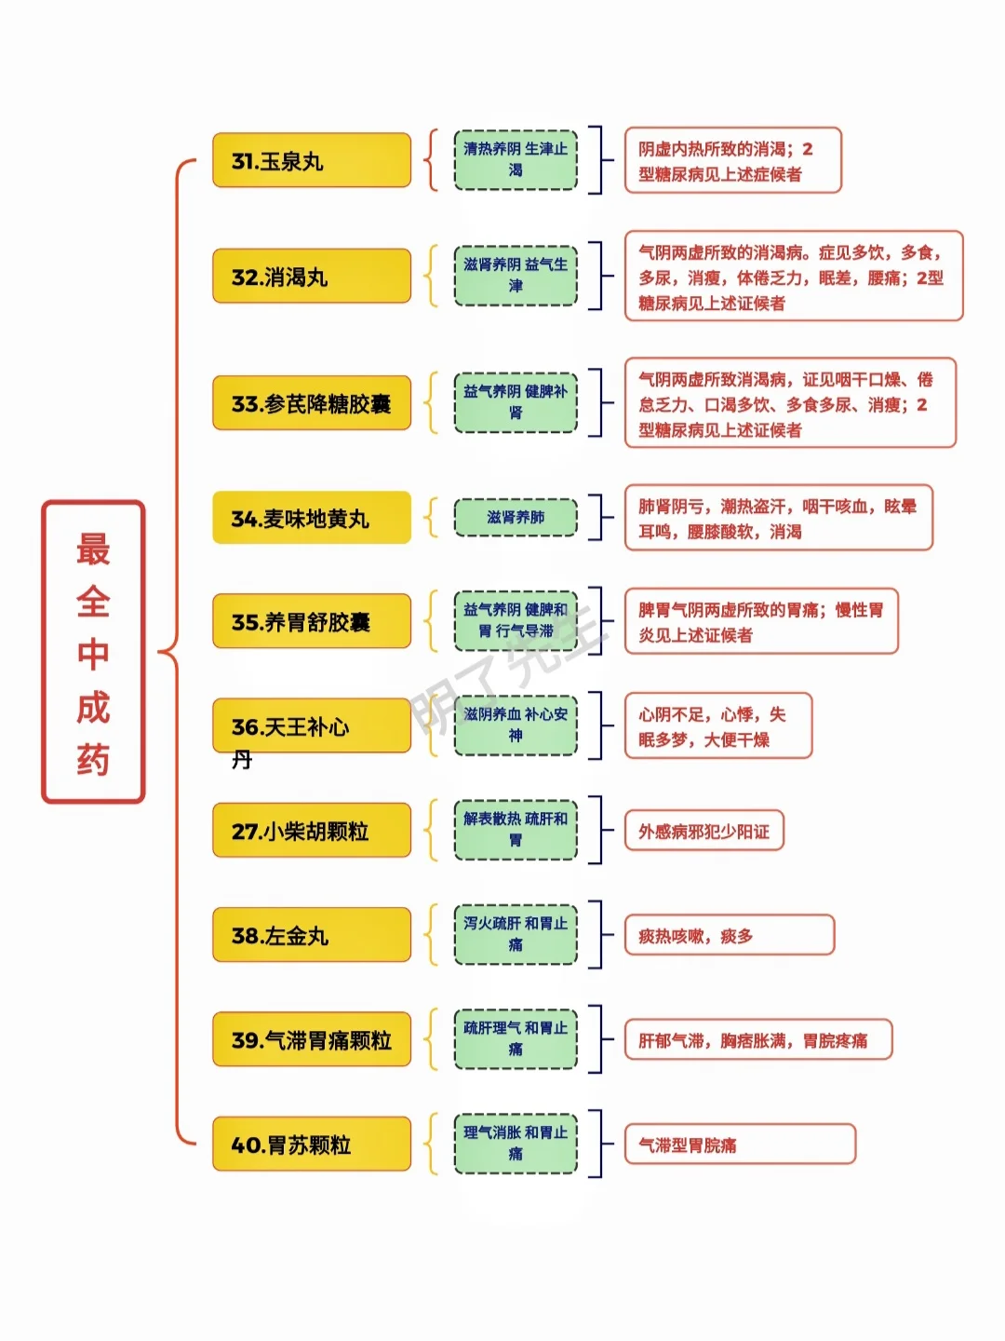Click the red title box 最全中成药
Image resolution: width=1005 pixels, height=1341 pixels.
point(93,651)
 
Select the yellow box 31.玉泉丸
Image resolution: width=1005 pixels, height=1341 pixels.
point(311,160)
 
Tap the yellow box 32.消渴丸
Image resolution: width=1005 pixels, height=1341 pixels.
point(311,276)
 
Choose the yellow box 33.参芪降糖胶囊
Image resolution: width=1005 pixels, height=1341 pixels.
point(311,402)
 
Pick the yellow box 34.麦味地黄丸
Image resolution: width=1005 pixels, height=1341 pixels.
point(311,518)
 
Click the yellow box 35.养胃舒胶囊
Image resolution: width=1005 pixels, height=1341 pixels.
point(311,621)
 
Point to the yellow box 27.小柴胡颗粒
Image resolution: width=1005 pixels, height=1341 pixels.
point(311,830)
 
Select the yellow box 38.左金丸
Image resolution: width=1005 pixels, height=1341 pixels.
point(311,934)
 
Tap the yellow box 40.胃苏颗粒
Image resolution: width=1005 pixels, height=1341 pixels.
point(311,1144)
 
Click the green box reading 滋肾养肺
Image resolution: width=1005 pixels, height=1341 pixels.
point(516,518)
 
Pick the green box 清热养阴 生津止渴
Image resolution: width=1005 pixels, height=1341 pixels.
point(516,159)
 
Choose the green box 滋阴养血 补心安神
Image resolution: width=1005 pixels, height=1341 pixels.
point(516,725)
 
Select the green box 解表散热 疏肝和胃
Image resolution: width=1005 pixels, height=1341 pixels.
point(516,830)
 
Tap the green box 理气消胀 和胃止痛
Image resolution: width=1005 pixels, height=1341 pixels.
point(516,1144)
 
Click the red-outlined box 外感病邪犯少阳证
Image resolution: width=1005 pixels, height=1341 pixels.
point(704,831)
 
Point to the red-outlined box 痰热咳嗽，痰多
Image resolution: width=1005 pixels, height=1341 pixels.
point(730,935)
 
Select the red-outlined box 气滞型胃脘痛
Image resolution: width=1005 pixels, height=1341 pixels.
point(740,1144)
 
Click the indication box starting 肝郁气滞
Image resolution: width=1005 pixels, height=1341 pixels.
point(757,1039)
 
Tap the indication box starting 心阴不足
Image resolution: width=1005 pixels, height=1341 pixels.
point(718,725)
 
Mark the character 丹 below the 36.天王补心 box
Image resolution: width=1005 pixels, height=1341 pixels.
point(242,760)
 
